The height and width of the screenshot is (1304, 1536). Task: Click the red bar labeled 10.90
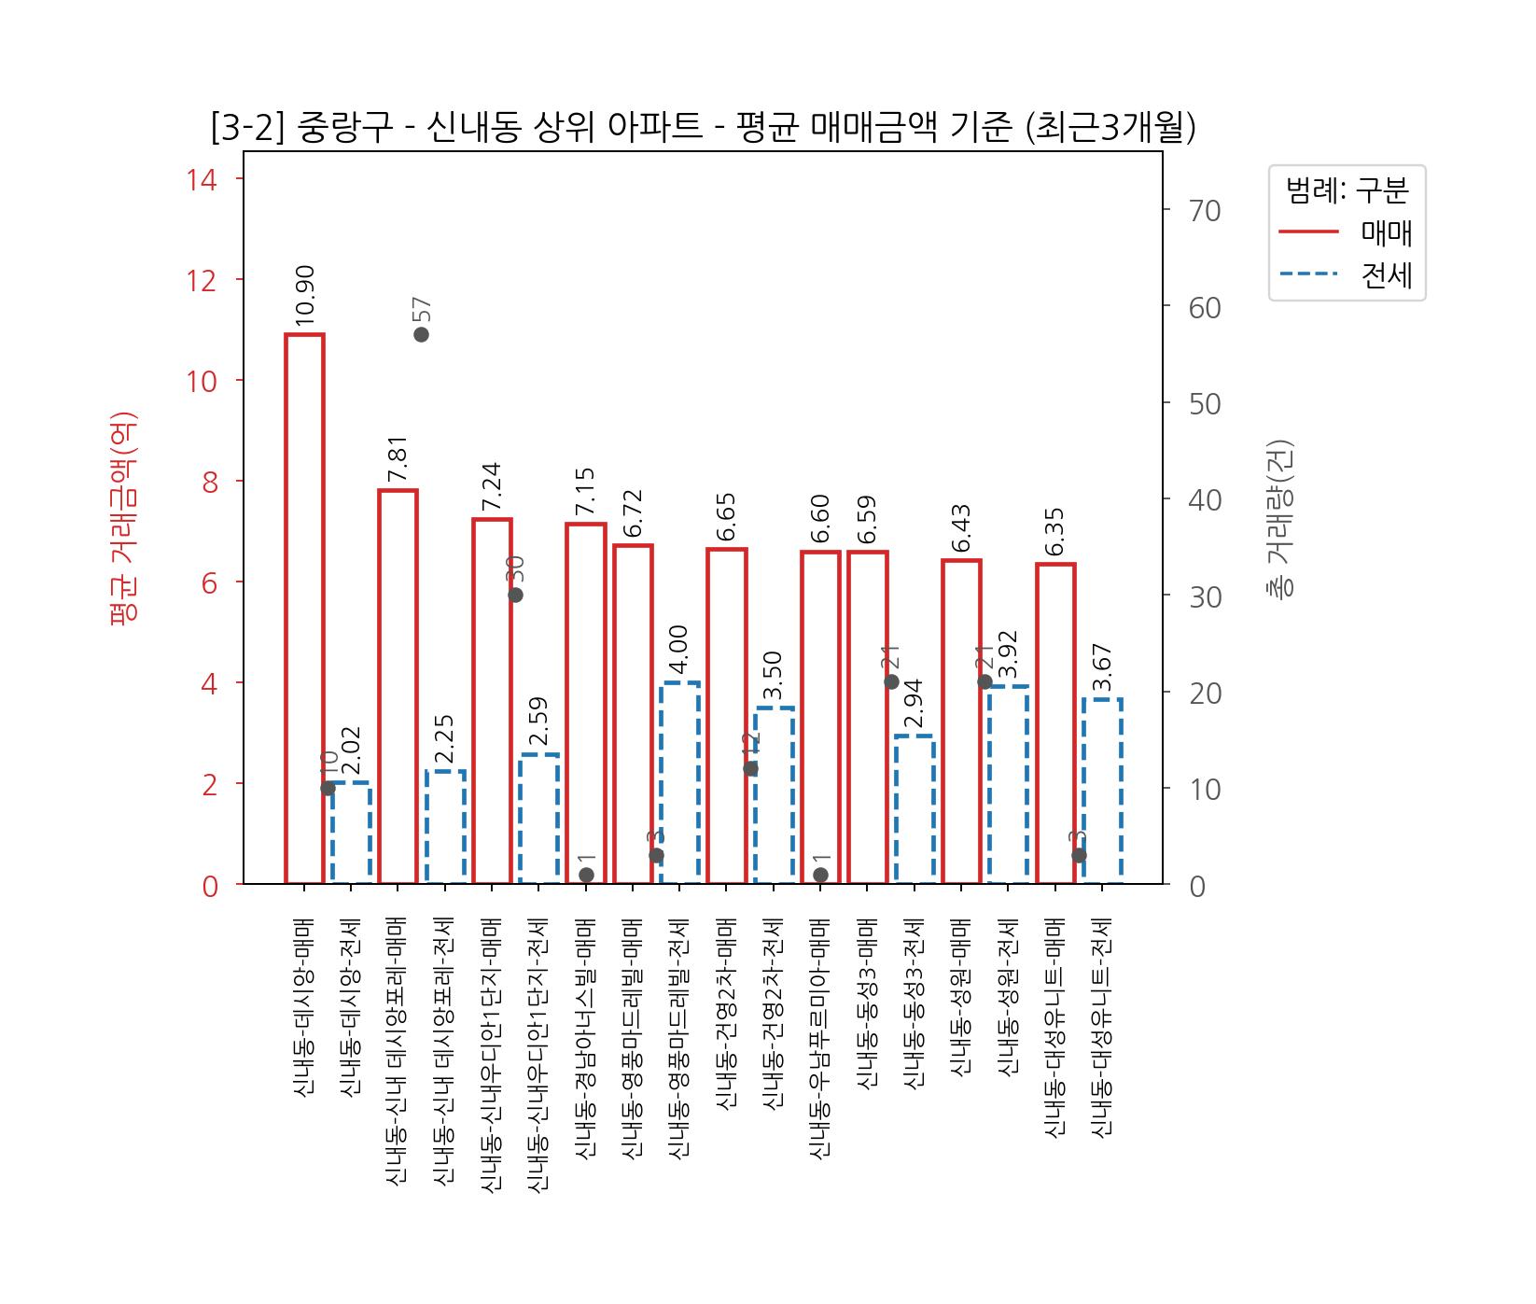[x=304, y=609]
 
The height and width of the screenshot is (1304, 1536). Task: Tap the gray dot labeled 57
[x=421, y=334]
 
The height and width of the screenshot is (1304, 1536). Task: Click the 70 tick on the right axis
[x=1205, y=211]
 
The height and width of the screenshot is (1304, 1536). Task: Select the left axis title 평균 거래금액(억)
[x=124, y=518]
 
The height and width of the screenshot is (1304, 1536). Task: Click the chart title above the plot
[x=703, y=127]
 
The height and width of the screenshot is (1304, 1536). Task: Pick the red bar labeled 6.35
[x=1055, y=723]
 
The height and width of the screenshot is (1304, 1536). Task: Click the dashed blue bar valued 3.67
[x=1102, y=791]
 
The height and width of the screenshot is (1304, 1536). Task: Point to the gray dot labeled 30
[x=515, y=595]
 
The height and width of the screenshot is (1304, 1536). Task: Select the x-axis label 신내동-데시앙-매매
[x=303, y=1007]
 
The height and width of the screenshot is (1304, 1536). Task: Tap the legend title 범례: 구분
[x=1347, y=190]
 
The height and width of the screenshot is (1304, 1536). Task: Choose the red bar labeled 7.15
[x=586, y=703]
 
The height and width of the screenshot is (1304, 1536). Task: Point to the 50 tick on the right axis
[x=1205, y=404]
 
